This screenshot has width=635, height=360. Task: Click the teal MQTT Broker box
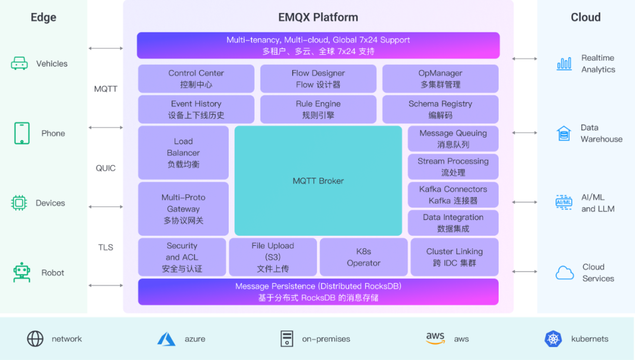point(318,181)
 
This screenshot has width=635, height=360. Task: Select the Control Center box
point(196,79)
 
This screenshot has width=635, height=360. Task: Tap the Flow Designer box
point(318,79)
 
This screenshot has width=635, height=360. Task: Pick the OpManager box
point(440,79)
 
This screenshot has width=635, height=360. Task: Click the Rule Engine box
point(318,109)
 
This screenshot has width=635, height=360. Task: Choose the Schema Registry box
point(440,109)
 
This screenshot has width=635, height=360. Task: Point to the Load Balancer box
point(183,153)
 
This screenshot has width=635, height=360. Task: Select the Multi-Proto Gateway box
point(183,209)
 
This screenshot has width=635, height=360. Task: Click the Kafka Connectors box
point(453,195)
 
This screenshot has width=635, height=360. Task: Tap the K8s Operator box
point(363,257)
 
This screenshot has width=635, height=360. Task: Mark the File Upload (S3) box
point(272,257)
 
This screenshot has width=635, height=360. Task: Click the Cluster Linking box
point(454,257)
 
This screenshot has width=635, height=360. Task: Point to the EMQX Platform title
point(318,17)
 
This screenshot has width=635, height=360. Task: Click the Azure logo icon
point(166,339)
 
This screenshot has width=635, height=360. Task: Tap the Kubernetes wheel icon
point(553,339)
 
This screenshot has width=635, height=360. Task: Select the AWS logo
point(436,338)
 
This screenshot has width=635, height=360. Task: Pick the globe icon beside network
point(35,339)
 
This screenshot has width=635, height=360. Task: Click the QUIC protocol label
point(106,168)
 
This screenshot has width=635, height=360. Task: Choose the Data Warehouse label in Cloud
point(601,134)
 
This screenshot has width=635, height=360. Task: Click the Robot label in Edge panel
point(53,273)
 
